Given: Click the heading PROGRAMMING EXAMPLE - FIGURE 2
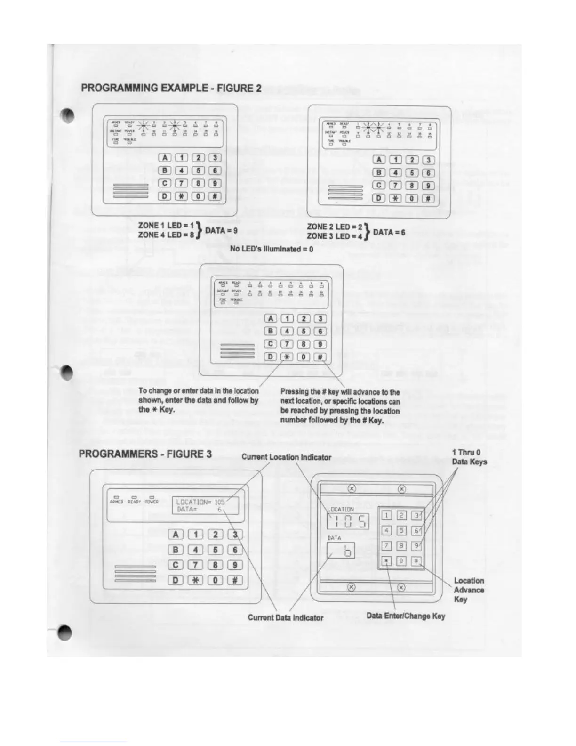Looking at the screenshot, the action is [171, 88].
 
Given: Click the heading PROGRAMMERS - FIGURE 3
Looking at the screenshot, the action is [145, 454].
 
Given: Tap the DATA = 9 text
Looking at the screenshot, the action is [221, 230].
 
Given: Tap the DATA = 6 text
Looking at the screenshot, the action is [389, 232].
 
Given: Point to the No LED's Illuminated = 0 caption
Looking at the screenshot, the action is [272, 249].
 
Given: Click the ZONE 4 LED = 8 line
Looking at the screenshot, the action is [166, 235].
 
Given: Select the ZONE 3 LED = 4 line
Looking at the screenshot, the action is [335, 236].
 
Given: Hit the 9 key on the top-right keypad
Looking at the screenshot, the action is [428, 185].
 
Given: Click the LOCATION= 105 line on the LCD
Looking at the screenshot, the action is [200, 502].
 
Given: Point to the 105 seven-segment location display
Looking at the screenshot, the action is [348, 521].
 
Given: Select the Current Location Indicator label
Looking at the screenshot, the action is [286, 457].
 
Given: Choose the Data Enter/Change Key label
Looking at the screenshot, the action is [406, 616].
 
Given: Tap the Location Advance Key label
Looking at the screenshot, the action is [469, 590].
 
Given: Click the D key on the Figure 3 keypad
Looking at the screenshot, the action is [176, 580].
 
